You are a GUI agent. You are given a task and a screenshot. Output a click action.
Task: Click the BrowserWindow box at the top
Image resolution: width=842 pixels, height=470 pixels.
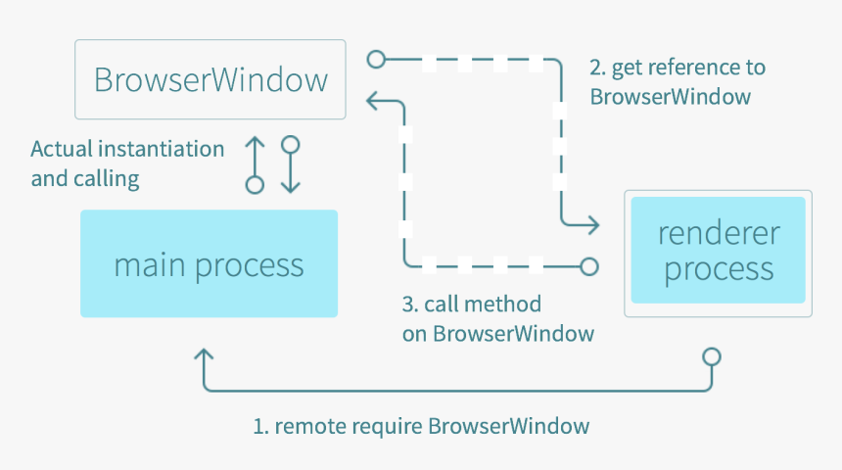pyautogui.click(x=210, y=79)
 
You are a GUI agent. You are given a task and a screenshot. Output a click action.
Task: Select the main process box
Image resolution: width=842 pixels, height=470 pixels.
pyautogui.click(x=209, y=263)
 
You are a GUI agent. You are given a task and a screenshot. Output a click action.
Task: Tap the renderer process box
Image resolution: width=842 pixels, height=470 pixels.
pyautogui.click(x=718, y=253)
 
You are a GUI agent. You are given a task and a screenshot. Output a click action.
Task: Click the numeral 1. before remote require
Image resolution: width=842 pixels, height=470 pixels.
pyautogui.click(x=260, y=427)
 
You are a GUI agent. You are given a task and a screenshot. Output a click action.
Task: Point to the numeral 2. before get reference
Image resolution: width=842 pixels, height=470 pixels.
pyautogui.click(x=597, y=68)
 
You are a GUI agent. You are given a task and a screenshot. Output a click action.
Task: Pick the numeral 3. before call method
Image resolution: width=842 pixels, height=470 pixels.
pyautogui.click(x=410, y=305)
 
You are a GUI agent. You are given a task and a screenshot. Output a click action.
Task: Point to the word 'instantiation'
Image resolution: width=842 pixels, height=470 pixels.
pyautogui.click(x=162, y=149)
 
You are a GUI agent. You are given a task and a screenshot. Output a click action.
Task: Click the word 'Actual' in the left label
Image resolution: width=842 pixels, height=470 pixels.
pyautogui.click(x=62, y=149)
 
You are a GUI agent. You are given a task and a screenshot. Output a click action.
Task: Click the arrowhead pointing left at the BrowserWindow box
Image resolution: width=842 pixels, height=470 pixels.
pyautogui.click(x=373, y=101)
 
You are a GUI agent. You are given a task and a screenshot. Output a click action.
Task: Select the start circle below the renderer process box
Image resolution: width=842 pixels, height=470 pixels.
pyautogui.click(x=712, y=356)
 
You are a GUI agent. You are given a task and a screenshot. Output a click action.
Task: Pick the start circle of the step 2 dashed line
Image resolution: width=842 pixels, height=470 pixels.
pyautogui.click(x=376, y=59)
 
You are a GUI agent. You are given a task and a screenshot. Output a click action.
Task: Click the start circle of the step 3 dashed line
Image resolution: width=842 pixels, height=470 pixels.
pyautogui.click(x=589, y=266)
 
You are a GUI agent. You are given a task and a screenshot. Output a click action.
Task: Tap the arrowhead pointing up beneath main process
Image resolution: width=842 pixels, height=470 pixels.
pyautogui.click(x=204, y=355)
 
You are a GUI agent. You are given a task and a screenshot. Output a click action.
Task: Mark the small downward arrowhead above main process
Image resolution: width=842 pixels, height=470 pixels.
pyautogui.click(x=291, y=187)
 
